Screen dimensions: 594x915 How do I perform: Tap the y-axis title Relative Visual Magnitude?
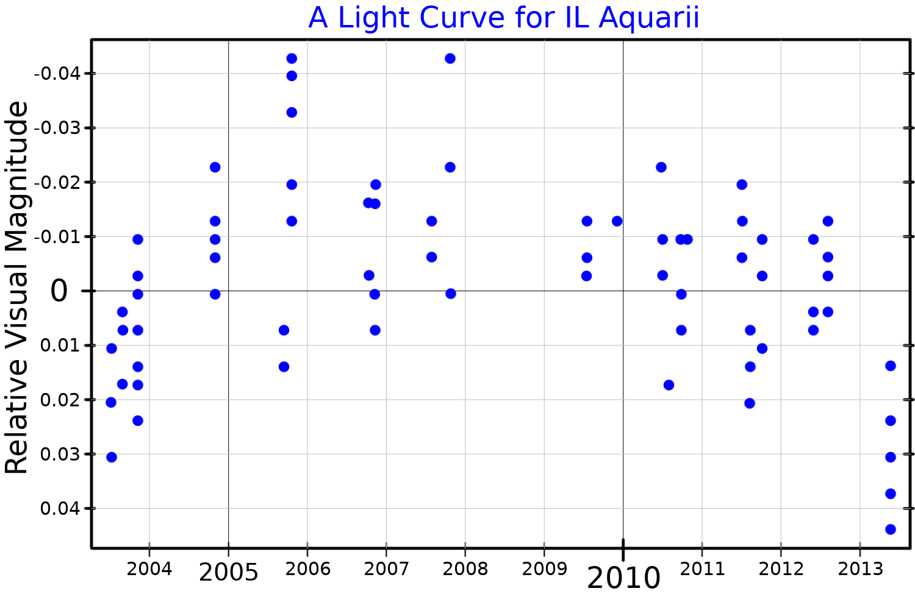(17, 288)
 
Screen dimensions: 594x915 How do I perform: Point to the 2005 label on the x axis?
(229, 573)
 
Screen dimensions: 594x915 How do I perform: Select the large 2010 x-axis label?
(623, 578)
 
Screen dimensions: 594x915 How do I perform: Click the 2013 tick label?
(860, 569)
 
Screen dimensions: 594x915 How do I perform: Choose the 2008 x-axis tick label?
(465, 569)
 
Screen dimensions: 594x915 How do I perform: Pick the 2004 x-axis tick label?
(149, 569)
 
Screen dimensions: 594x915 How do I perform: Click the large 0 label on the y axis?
(59, 291)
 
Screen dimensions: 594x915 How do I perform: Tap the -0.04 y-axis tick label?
(57, 74)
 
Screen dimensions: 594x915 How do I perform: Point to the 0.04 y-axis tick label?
(59, 508)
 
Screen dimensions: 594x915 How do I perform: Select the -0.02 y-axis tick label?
(57, 182)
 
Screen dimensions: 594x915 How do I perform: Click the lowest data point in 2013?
(890, 529)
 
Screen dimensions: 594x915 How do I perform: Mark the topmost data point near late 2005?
(292, 58)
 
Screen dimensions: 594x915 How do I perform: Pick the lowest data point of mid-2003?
(112, 457)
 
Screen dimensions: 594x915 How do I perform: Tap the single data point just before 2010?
(617, 221)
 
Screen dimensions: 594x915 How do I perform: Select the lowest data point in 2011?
(750, 403)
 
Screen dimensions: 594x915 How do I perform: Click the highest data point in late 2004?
(215, 167)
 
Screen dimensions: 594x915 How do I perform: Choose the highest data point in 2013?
(890, 366)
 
